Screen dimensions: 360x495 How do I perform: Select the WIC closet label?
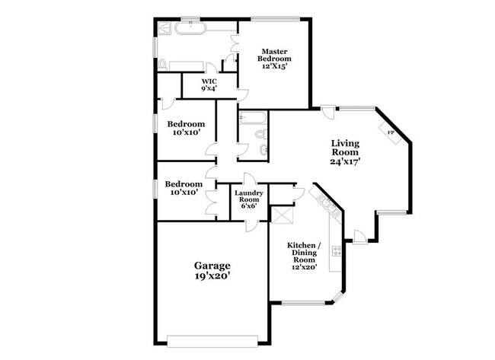209,81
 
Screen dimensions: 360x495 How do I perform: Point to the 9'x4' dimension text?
209,89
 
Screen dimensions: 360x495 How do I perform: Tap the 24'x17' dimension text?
345,161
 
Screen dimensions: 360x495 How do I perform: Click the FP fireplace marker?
391,132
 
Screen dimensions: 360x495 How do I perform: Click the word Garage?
212,266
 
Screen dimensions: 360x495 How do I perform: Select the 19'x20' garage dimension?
212,277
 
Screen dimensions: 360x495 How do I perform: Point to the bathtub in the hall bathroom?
251,119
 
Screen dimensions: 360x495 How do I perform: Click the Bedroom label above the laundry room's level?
186,124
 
